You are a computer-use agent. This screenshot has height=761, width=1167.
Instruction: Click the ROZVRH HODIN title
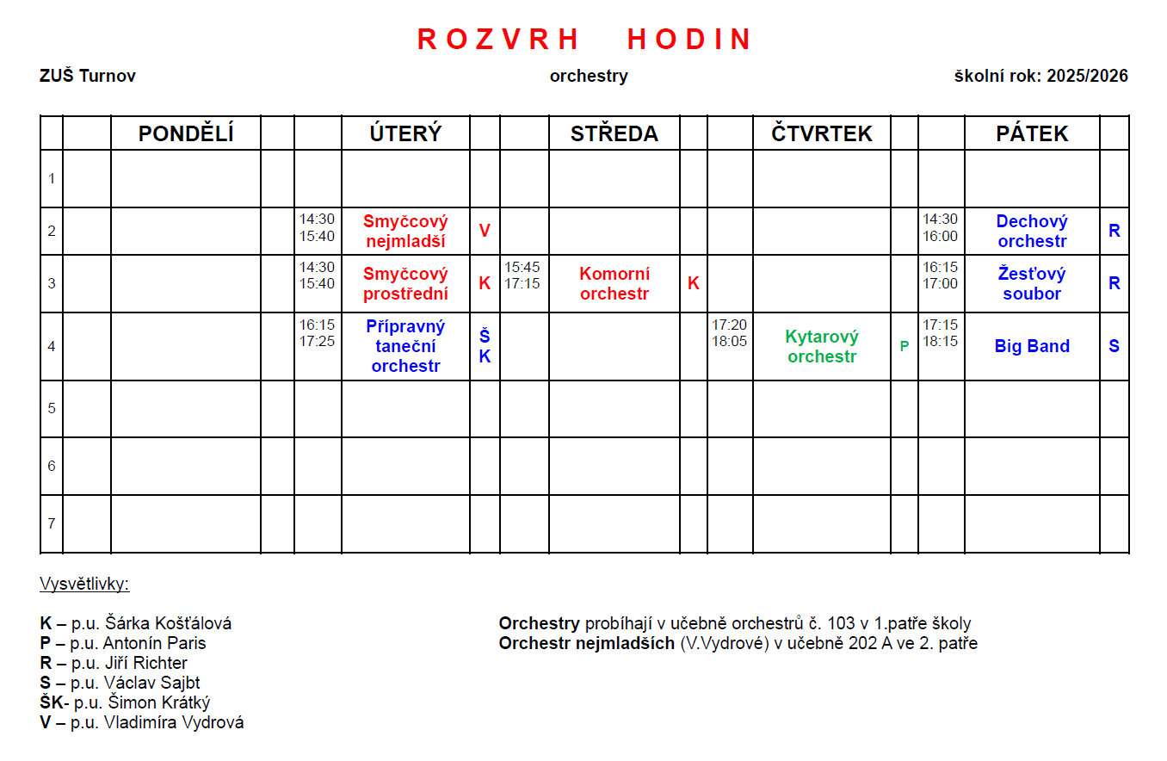(x=584, y=40)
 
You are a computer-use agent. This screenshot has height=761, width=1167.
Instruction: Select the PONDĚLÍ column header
(x=186, y=133)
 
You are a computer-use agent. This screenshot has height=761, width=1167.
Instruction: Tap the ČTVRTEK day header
(x=821, y=133)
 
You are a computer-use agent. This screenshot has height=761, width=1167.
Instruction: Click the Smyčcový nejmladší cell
(x=405, y=231)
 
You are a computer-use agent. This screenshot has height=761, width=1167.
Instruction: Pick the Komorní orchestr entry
(x=614, y=283)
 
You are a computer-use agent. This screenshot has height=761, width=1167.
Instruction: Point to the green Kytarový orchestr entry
(x=821, y=346)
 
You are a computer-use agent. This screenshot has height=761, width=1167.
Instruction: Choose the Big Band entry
(x=1032, y=346)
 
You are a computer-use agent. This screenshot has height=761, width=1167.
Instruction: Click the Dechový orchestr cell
(x=1032, y=231)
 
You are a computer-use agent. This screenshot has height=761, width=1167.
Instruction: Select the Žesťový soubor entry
(x=1032, y=283)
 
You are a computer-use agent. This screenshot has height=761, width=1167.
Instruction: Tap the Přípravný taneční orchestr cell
(x=405, y=346)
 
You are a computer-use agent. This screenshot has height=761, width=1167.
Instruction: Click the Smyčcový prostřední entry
(x=405, y=283)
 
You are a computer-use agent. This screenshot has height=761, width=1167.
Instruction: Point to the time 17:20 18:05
(x=729, y=332)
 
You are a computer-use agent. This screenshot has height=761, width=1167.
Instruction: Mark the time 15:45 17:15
(x=522, y=275)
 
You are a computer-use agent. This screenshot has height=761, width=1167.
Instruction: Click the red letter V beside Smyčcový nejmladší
(x=485, y=231)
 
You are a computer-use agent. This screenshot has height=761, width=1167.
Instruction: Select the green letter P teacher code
(x=904, y=346)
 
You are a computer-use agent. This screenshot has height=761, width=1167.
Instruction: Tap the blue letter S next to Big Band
(x=1114, y=346)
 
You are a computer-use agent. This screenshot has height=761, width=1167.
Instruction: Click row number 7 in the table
(x=52, y=523)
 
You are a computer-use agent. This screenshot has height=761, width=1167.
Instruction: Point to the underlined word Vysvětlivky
(x=84, y=585)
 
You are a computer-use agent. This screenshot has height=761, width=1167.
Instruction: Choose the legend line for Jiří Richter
(x=114, y=663)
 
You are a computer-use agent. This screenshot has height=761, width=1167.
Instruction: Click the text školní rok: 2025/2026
(x=1040, y=76)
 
